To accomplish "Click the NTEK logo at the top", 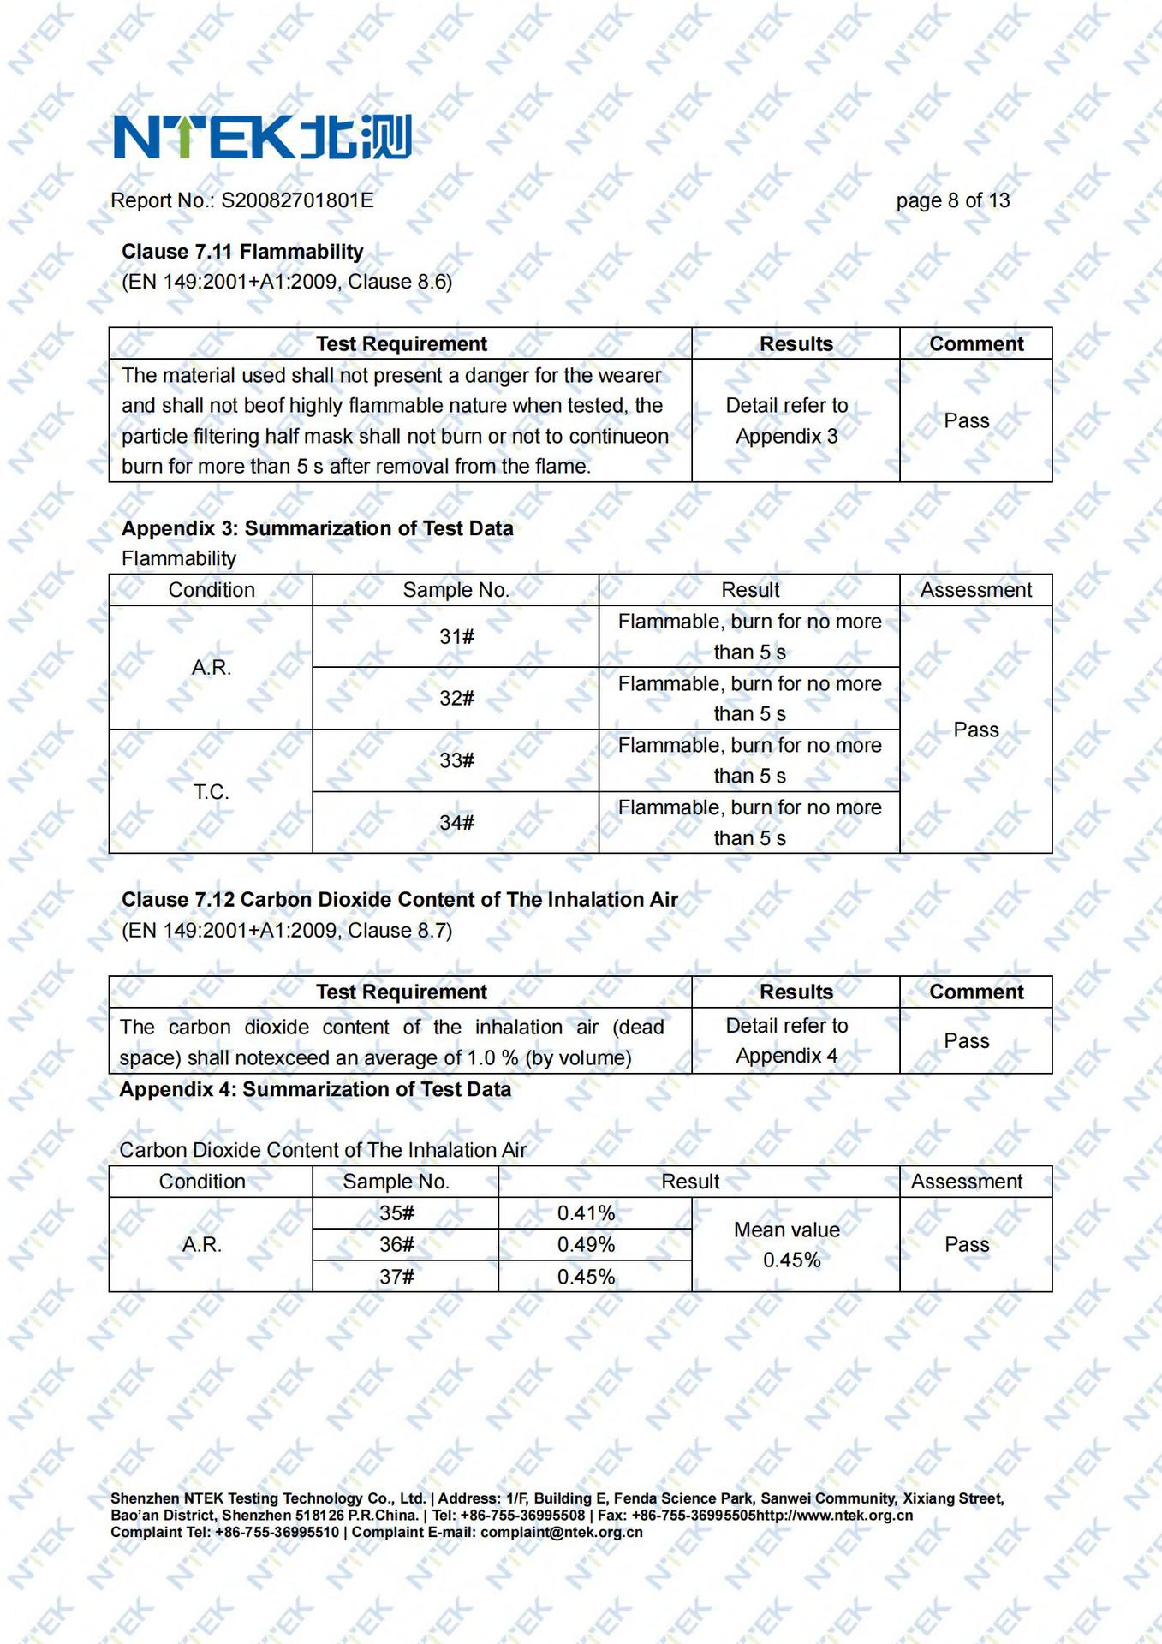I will [x=262, y=137].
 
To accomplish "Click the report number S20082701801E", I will [x=297, y=200].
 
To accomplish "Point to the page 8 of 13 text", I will [x=952, y=200].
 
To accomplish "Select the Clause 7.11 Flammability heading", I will [x=242, y=252].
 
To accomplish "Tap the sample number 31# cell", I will [x=456, y=637].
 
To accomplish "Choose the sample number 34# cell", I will [x=456, y=823].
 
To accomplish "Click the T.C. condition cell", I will [x=211, y=792].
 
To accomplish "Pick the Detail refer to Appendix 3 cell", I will [x=787, y=420].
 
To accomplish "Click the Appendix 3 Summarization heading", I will [x=317, y=528].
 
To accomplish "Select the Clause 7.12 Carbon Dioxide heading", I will [x=399, y=900].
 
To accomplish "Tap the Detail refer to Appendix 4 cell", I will [x=787, y=1040].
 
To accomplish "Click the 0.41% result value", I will [x=586, y=1213].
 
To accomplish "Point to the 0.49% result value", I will [x=586, y=1245].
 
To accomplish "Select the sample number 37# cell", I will [x=396, y=1277].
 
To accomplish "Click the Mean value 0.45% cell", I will [x=788, y=1245].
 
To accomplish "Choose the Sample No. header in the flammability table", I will [x=456, y=590].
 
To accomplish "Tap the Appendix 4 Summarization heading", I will [x=315, y=1089].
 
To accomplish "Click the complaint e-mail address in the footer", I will [x=561, y=1532].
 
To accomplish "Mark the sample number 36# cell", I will [x=396, y=1245].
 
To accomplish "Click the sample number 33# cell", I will [x=456, y=760].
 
